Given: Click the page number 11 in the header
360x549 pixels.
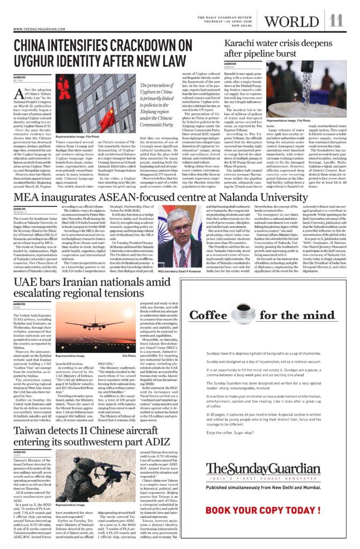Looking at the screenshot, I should click(x=336, y=20).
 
